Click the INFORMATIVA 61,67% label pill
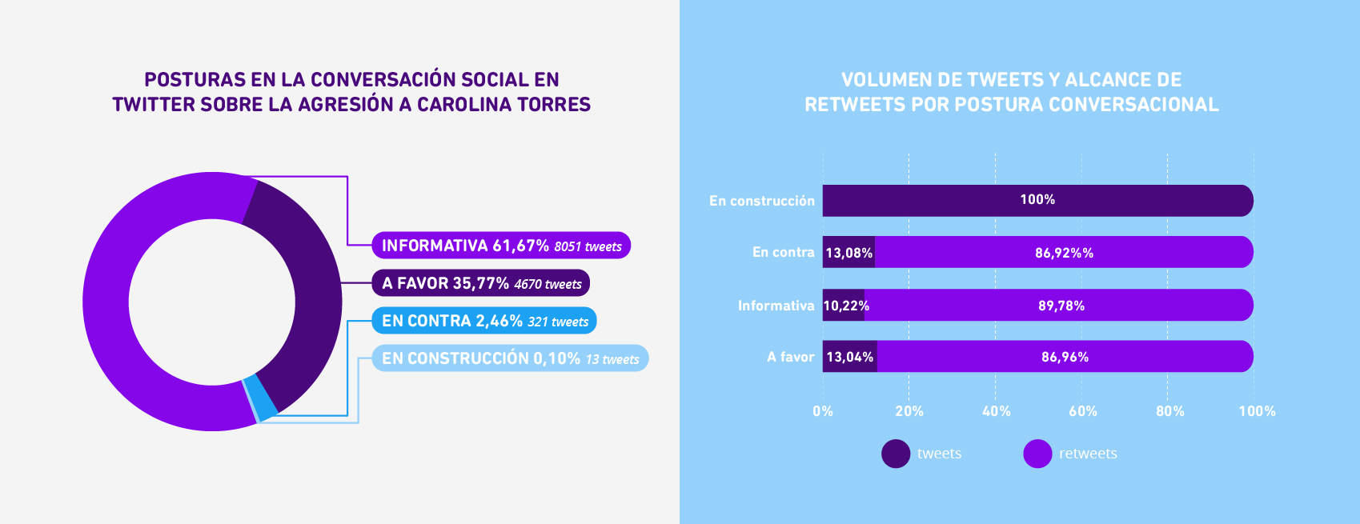coord(501,246)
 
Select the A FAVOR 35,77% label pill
coord(480,283)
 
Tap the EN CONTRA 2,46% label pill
coord(483,321)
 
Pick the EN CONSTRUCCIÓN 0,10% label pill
coord(510,358)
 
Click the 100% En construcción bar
coord(1037,201)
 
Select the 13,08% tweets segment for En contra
coord(848,253)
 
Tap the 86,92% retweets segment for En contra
coord(1064,253)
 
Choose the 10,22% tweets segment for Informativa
coord(844,306)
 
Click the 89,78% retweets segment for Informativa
coord(1061,306)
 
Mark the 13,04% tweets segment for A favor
coord(849,357)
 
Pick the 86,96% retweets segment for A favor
coord(1065,357)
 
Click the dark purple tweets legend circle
coord(896,454)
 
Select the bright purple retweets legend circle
coord(1037,454)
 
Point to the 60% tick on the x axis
coord(1082,411)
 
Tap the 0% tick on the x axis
coord(823,411)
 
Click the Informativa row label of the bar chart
coord(776,306)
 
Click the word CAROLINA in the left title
coord(464,105)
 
